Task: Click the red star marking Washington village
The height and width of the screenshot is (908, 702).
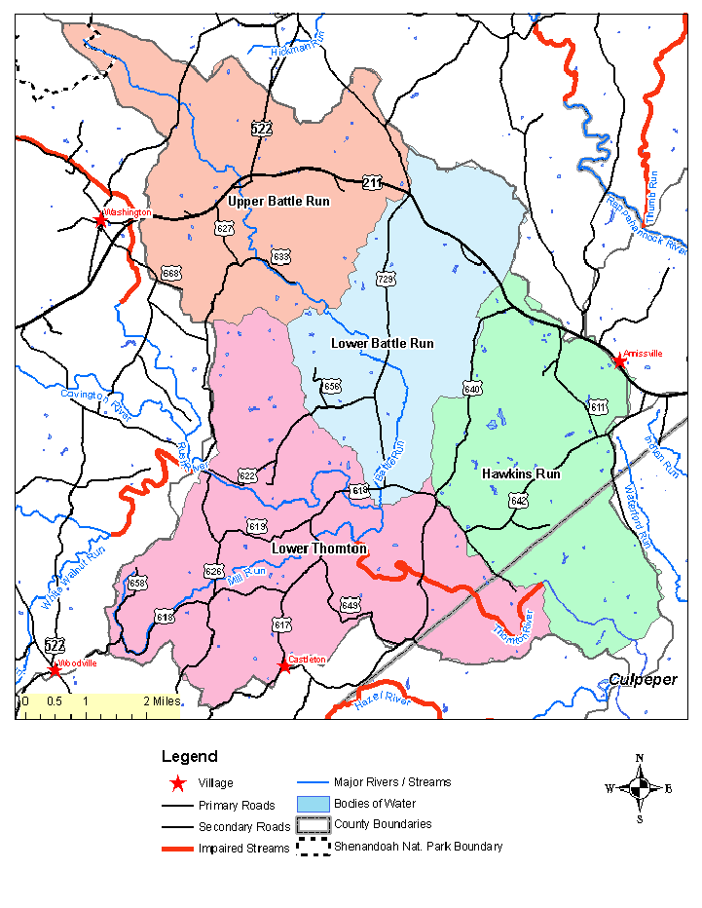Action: [x=100, y=220]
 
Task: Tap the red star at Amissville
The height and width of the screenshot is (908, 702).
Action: [x=619, y=361]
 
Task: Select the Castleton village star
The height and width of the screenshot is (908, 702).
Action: [x=284, y=666]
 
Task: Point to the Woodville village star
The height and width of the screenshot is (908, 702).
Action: [x=55, y=670]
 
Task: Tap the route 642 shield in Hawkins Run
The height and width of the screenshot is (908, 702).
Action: [x=519, y=501]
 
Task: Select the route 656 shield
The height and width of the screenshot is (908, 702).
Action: [x=332, y=387]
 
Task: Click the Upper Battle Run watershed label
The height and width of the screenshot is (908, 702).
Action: [x=278, y=202]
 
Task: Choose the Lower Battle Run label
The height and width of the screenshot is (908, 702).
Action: [x=382, y=343]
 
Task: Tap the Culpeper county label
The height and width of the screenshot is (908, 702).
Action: [x=643, y=680]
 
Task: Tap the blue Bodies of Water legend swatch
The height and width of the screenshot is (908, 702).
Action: [x=314, y=804]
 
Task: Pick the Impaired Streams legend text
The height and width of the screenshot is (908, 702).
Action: [x=243, y=849]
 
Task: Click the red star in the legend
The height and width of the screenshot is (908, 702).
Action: [x=177, y=783]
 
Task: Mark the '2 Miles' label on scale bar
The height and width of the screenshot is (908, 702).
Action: [x=160, y=700]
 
